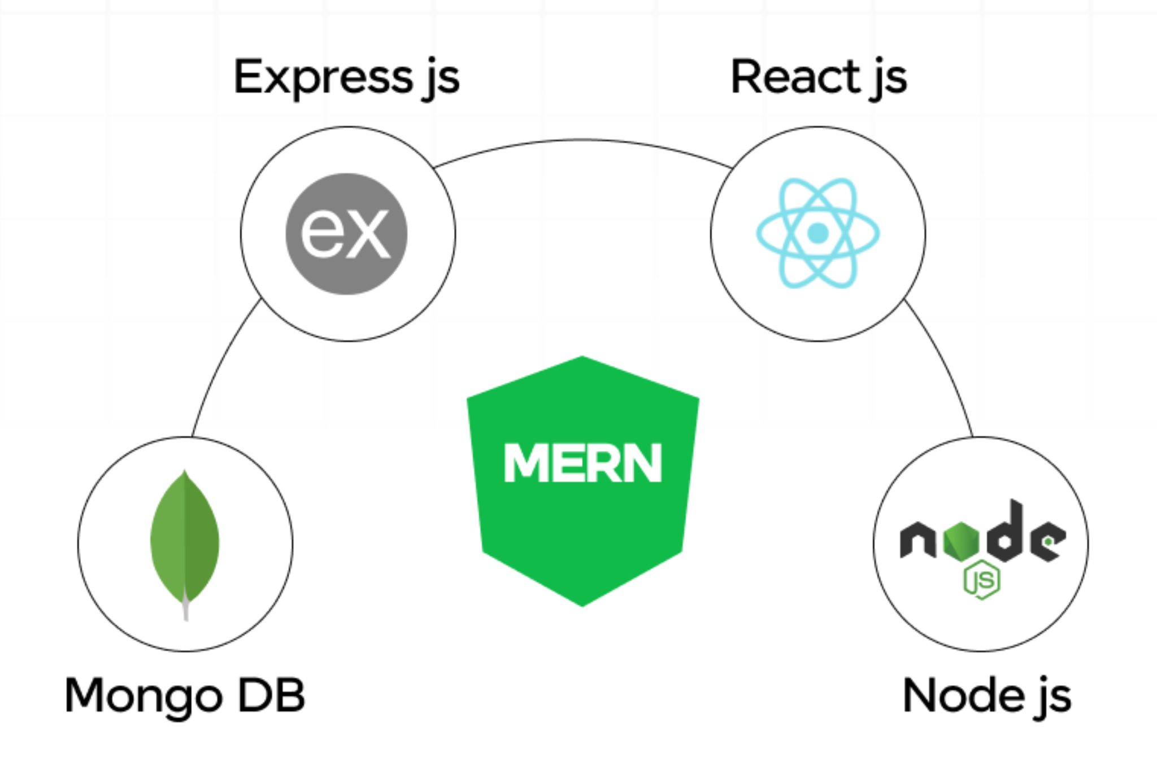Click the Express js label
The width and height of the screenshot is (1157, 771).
point(346,78)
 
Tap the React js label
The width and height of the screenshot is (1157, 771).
point(819,78)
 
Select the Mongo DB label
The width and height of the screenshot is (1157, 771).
point(185,695)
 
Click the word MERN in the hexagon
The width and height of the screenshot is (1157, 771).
point(582,463)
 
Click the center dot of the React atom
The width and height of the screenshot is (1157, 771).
point(818,233)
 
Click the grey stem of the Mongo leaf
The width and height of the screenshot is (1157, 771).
point(186,610)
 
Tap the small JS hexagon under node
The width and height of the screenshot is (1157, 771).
point(982,580)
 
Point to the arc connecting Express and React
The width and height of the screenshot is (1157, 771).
point(582,140)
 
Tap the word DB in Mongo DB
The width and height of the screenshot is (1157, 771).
point(271,695)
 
